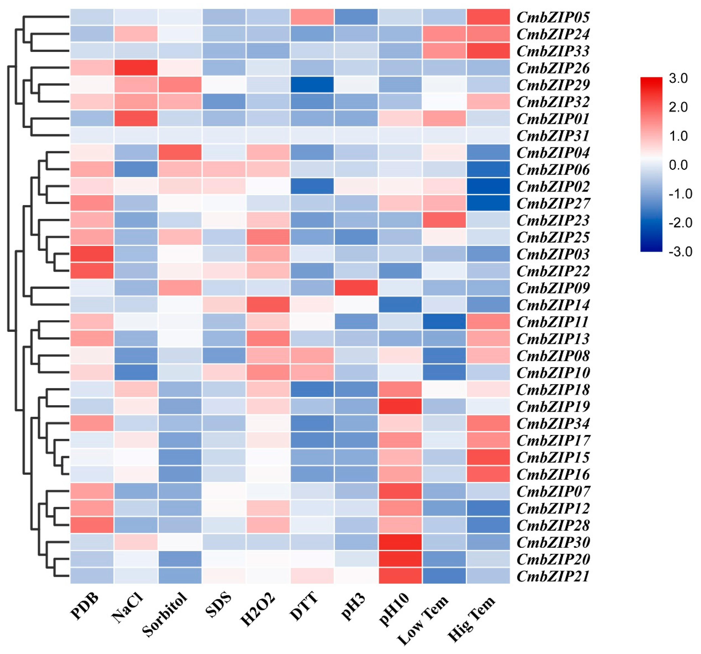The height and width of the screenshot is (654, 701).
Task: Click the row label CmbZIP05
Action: coord(553,17)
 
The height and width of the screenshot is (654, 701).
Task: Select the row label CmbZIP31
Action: coord(553,136)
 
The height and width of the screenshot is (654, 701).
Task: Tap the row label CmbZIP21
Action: coord(553,576)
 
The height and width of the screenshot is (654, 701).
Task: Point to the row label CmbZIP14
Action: coord(553,305)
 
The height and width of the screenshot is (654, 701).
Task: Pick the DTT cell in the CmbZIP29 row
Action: coord(312,85)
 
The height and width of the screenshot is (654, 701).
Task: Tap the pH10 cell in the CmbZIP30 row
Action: coord(400,542)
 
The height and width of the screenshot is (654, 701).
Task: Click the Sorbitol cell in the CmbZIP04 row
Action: coord(180,153)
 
